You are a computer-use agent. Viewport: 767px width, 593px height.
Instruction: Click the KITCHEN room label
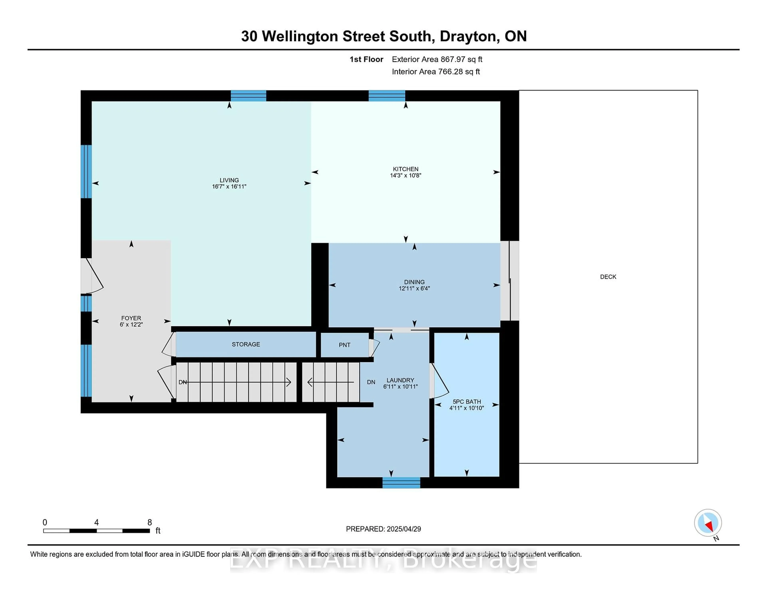tap(406, 169)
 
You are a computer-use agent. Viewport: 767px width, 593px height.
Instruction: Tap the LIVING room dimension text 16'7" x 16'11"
tap(229, 187)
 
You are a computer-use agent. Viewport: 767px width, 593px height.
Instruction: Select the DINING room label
tap(414, 282)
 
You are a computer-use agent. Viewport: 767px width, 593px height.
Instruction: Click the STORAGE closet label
tap(246, 344)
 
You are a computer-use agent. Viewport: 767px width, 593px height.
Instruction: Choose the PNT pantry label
tap(345, 345)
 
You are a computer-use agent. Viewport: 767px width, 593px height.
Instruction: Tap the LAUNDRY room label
tap(400, 380)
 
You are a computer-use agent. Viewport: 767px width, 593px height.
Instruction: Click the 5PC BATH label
tap(467, 402)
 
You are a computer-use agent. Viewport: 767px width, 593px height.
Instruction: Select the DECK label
tap(608, 277)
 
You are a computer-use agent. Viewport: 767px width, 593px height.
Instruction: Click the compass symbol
tap(708, 523)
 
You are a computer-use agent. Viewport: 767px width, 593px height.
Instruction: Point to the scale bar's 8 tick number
tap(150, 522)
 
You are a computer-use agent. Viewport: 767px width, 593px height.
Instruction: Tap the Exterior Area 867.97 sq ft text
tap(437, 59)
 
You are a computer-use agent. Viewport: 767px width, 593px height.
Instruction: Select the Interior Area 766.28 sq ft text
tap(436, 72)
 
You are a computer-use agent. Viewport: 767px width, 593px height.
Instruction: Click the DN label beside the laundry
tap(371, 382)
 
